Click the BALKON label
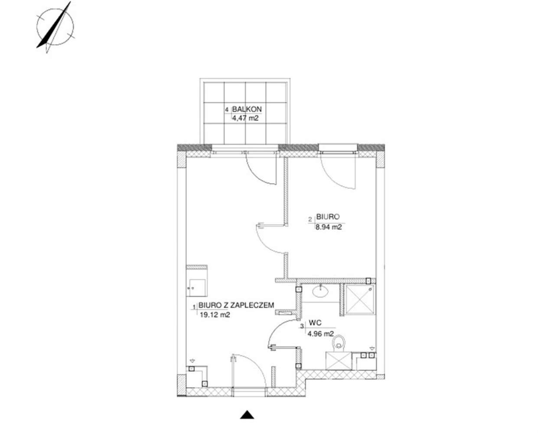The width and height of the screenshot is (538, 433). click(x=247, y=109)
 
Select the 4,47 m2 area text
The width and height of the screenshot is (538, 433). click(x=245, y=118)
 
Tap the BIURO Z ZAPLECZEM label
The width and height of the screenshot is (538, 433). click(x=236, y=305)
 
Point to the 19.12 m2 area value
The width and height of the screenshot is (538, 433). click(x=215, y=315)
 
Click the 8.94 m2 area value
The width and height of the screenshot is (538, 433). click(x=328, y=227)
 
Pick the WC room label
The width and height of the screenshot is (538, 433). click(x=315, y=323)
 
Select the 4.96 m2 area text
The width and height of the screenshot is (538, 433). click(x=320, y=334)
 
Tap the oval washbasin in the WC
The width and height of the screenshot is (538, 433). click(x=320, y=292)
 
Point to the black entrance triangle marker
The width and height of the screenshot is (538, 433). click(x=247, y=414)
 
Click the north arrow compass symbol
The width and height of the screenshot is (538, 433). click(x=55, y=27)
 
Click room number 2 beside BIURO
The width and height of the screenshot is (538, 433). click(x=310, y=220)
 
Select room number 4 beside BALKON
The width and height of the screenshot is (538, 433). click(x=227, y=110)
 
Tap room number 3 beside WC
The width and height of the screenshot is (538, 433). click(x=302, y=326)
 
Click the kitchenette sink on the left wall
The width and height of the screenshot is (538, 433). click(x=197, y=288)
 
